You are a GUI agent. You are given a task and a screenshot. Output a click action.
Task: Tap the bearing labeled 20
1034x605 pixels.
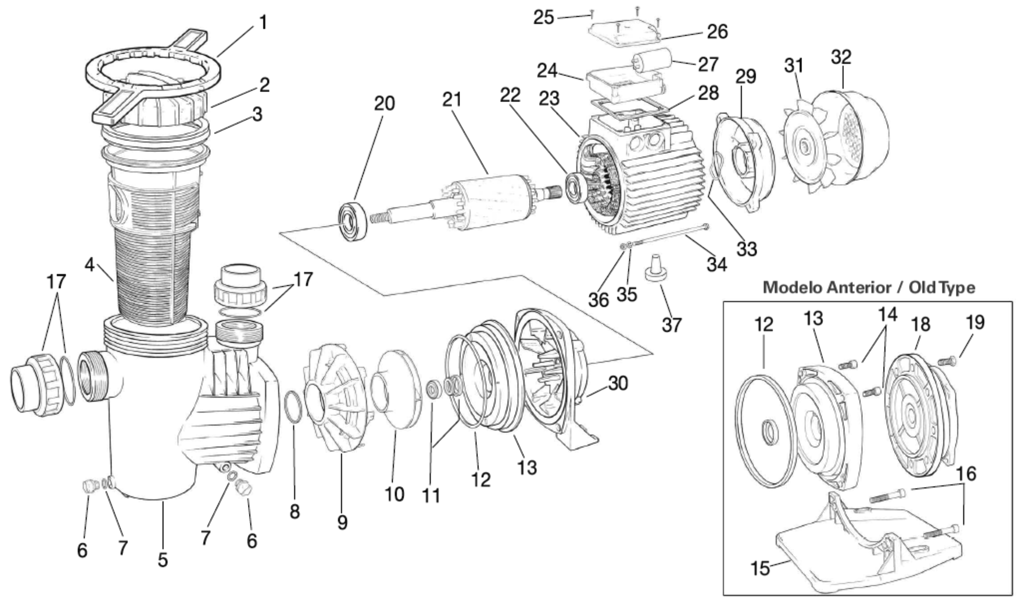(x=352, y=221)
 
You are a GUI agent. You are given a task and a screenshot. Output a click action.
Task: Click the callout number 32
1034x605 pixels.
(x=842, y=57)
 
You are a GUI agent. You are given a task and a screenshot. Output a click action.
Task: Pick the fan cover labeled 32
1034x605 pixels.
(x=853, y=135)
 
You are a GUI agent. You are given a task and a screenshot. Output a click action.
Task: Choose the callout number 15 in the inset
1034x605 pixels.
(x=760, y=568)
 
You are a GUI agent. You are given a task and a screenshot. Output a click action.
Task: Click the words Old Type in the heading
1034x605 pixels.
(x=942, y=288)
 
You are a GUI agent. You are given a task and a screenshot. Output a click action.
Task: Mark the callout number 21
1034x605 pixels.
(x=452, y=100)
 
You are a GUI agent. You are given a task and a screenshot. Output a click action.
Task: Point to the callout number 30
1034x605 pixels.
(x=618, y=384)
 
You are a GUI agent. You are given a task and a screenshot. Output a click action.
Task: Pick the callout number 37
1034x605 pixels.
(x=671, y=325)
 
